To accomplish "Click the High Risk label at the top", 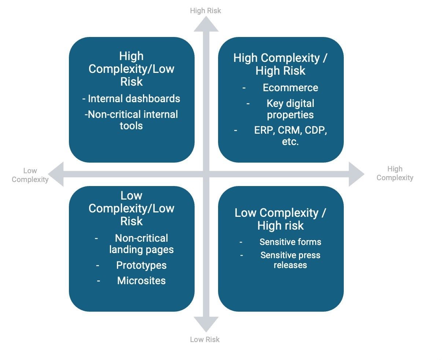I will click(x=205, y=11).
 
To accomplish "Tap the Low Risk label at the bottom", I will click(x=205, y=339).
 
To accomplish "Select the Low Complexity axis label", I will click(x=30, y=175).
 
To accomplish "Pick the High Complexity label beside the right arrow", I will click(x=395, y=173).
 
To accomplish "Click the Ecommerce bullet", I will click(x=290, y=88).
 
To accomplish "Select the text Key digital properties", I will click(x=290, y=109).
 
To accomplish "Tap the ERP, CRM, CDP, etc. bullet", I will click(x=290, y=136).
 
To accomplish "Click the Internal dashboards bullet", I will click(x=131, y=99).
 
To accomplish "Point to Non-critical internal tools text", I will click(x=131, y=120).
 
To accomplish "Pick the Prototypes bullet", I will click(x=141, y=266).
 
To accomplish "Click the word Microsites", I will click(x=141, y=281).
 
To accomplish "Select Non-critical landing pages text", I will click(x=141, y=244).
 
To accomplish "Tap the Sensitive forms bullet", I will click(x=290, y=242).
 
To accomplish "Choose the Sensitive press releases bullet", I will click(x=290, y=260).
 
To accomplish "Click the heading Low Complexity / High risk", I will click(x=280, y=219).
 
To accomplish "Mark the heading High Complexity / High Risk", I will click(x=280, y=64).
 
